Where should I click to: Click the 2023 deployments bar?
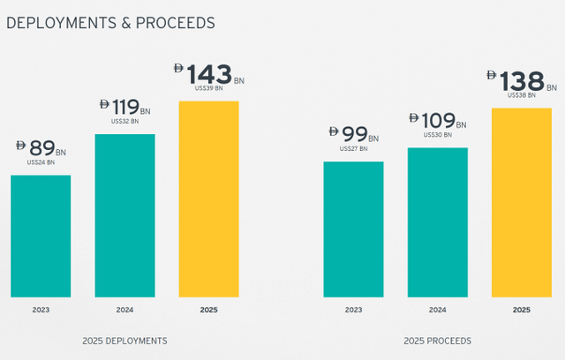coord(41,236)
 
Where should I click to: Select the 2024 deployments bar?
coord(124,215)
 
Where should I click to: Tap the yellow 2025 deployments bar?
coord(208,199)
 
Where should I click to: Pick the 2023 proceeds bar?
coord(353,229)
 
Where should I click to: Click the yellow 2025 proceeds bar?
coord(521,202)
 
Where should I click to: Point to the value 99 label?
coord(357,135)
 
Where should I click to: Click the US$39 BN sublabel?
coord(208,87)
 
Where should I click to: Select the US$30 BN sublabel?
coord(437,134)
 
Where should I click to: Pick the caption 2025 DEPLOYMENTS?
coord(124,341)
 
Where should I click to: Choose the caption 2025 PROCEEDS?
coord(437,341)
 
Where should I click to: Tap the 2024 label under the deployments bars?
coord(124,310)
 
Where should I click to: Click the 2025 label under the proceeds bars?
coord(521,310)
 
